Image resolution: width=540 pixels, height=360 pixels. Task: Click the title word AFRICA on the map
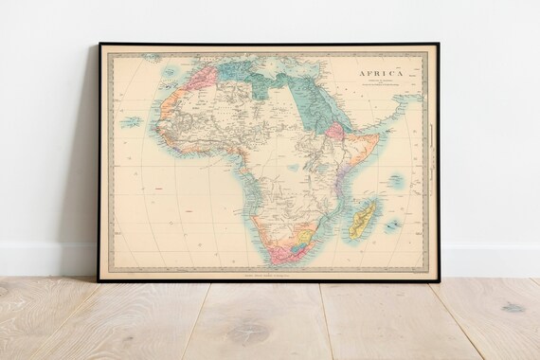[380, 72]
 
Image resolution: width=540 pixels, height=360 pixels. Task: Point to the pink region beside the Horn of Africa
[335, 130]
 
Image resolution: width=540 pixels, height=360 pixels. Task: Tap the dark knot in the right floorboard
[513, 308]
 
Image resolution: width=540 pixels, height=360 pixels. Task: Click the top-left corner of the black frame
[99, 44]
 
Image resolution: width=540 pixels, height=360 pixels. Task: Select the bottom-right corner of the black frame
[439, 280]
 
